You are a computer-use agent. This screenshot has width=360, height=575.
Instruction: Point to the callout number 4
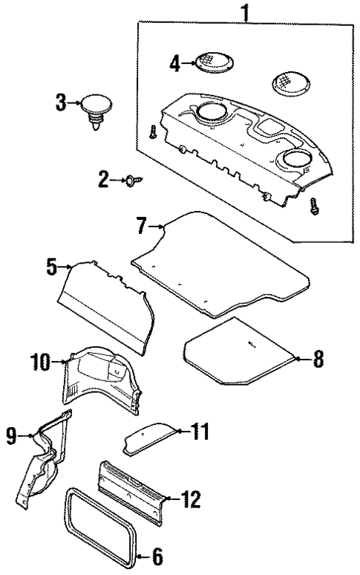click(175, 64)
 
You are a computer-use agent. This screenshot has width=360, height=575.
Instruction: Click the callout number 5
click(52, 267)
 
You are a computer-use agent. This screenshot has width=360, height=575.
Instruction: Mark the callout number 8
click(317, 360)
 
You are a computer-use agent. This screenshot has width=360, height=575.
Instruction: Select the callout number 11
click(200, 431)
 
